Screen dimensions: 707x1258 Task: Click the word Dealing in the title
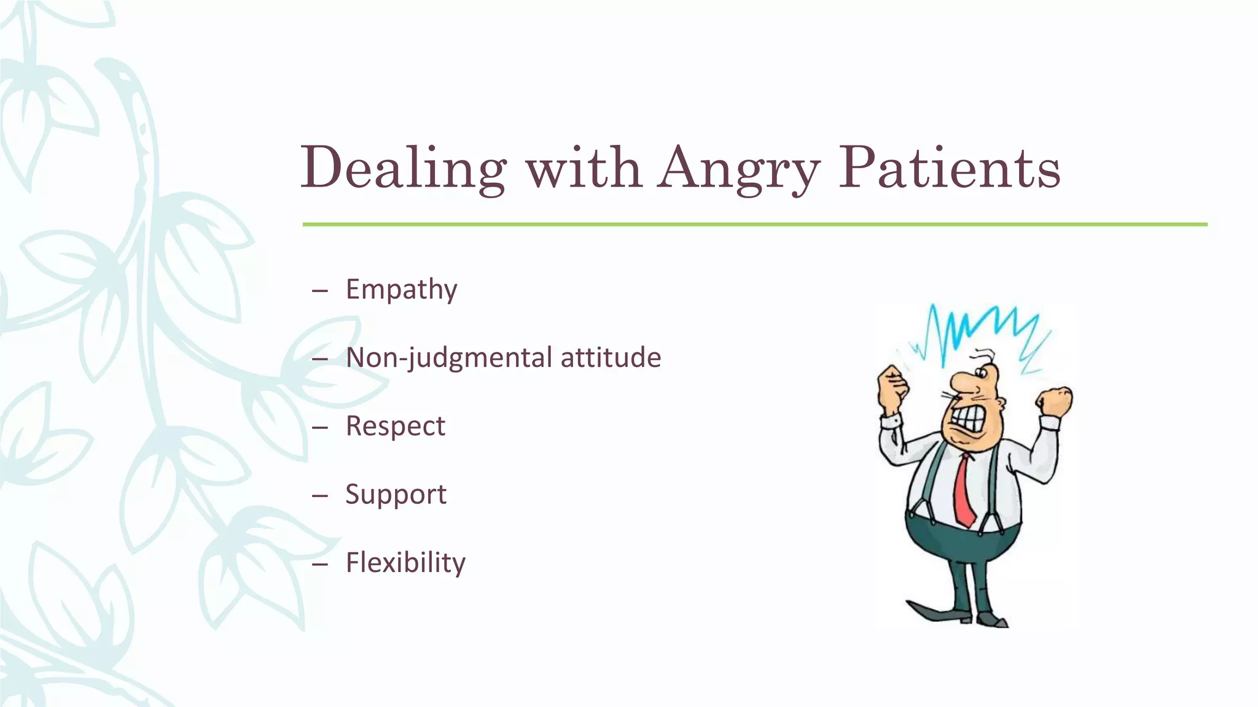click(x=403, y=168)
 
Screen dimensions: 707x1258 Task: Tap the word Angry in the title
click(x=739, y=168)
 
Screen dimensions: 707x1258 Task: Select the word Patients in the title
click(x=950, y=166)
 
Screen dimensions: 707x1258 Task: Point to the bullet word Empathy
click(x=401, y=289)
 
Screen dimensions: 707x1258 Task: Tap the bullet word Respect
click(x=395, y=426)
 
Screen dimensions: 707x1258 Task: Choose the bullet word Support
click(x=396, y=495)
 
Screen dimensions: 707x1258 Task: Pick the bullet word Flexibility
click(x=405, y=563)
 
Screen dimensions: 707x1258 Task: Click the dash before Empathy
click(x=319, y=290)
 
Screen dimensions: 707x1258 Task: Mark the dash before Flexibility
click(x=319, y=563)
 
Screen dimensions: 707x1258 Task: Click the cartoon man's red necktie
click(x=964, y=491)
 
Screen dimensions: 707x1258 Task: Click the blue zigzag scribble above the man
click(x=983, y=331)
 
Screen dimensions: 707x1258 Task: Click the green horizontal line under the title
click(x=754, y=225)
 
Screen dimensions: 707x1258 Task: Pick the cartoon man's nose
click(x=966, y=387)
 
